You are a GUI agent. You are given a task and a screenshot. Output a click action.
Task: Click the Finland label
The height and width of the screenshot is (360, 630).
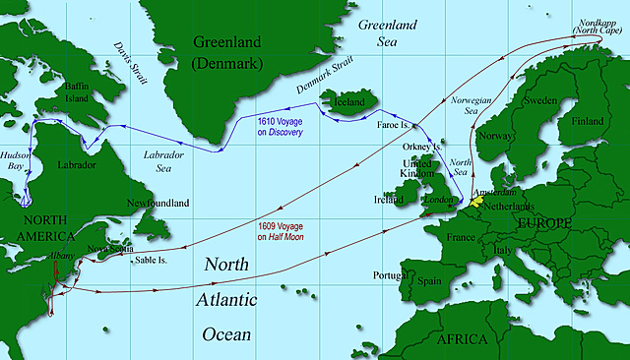pos(590,121)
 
